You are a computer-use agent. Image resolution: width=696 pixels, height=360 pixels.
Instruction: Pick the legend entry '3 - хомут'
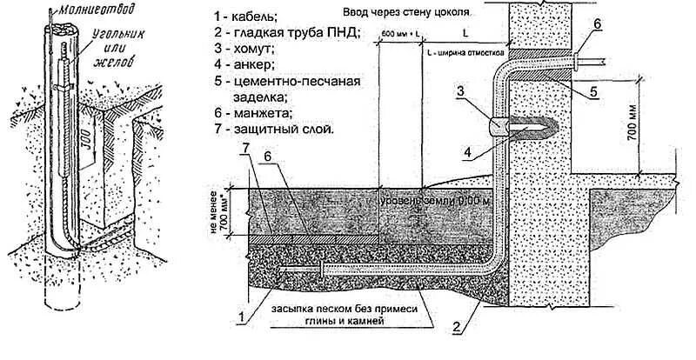click(x=242, y=50)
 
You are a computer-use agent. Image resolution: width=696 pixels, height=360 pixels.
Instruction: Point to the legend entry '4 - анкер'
click(x=242, y=66)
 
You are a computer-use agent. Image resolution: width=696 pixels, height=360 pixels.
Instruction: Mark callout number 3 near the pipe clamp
click(x=464, y=90)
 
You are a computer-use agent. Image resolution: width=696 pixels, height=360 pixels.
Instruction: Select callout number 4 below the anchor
click(x=468, y=153)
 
